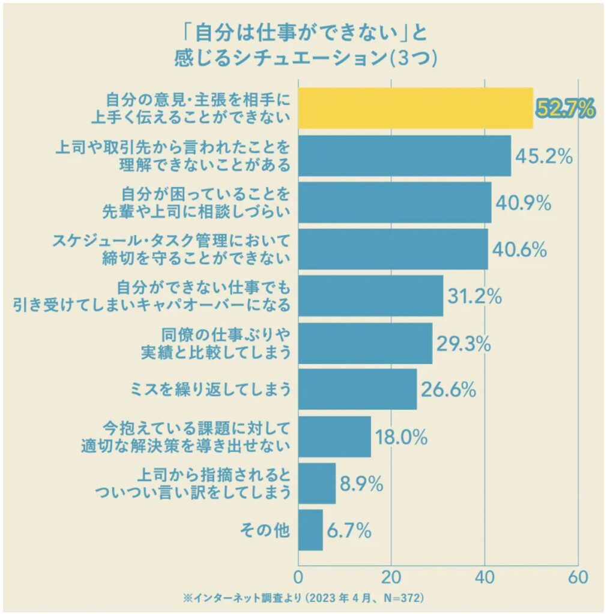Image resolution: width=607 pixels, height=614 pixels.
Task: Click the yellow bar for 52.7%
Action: click(x=415, y=108)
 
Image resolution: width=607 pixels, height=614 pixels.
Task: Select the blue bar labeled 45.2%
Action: click(x=404, y=156)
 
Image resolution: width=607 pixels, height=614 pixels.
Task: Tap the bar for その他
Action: click(x=310, y=530)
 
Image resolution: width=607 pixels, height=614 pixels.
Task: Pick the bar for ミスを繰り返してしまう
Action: click(x=357, y=389)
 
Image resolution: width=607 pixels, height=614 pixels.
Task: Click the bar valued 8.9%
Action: click(x=316, y=483)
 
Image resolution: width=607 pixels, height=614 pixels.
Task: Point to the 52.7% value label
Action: click(x=565, y=109)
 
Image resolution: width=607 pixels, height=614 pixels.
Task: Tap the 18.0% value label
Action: click(x=400, y=437)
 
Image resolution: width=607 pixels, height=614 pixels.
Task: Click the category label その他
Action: click(x=265, y=530)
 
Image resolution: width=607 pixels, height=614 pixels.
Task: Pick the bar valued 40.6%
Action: click(x=393, y=249)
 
